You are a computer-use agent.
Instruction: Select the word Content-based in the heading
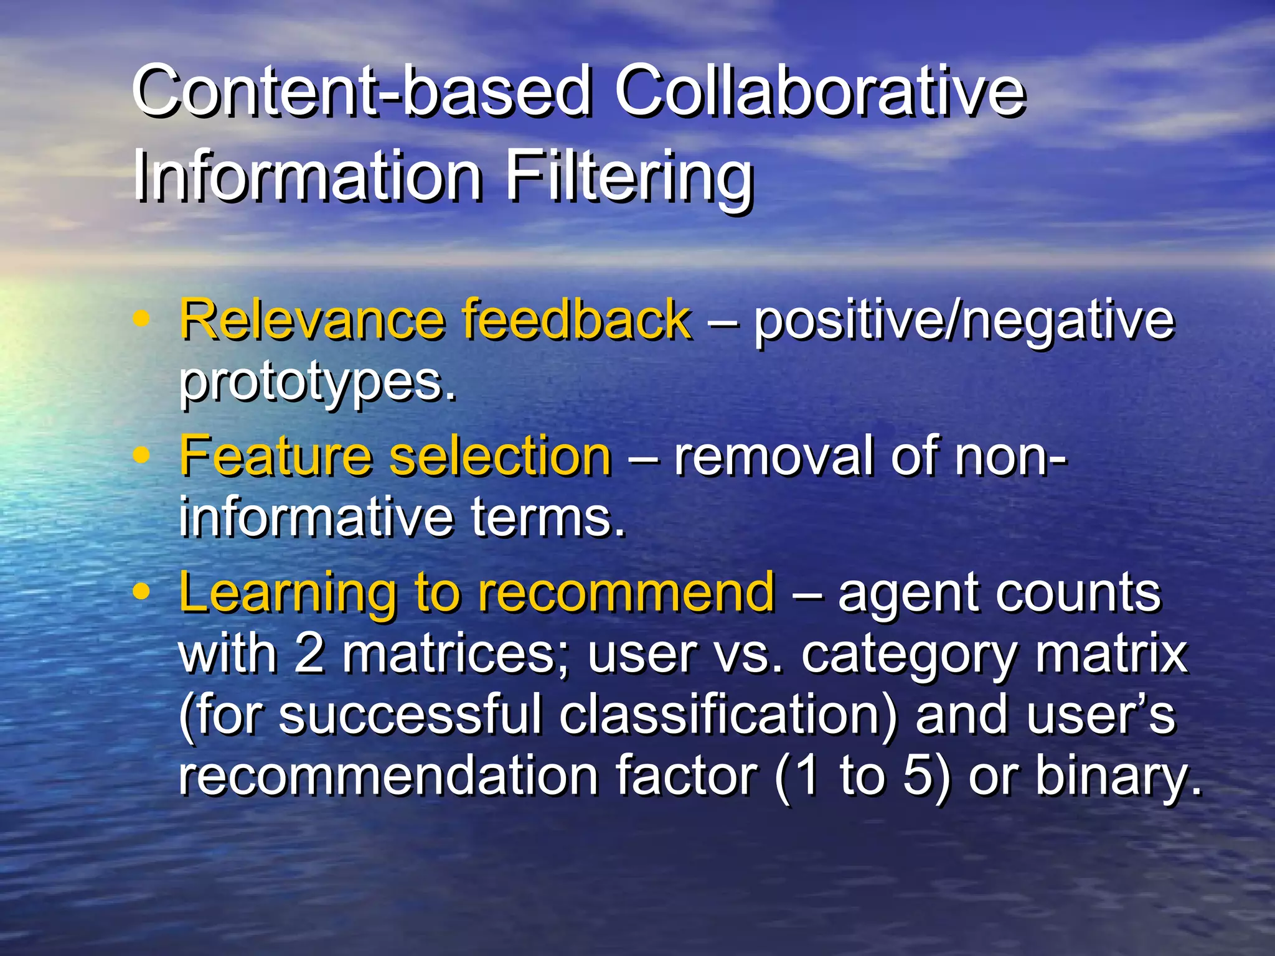pyautogui.click(x=361, y=91)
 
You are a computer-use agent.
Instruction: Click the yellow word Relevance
pyautogui.click(x=312, y=320)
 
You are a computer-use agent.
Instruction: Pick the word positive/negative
pyautogui.click(x=964, y=321)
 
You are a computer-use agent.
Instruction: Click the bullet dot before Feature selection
pyautogui.click(x=142, y=456)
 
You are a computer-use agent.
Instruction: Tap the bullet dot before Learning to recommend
pyautogui.click(x=142, y=593)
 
